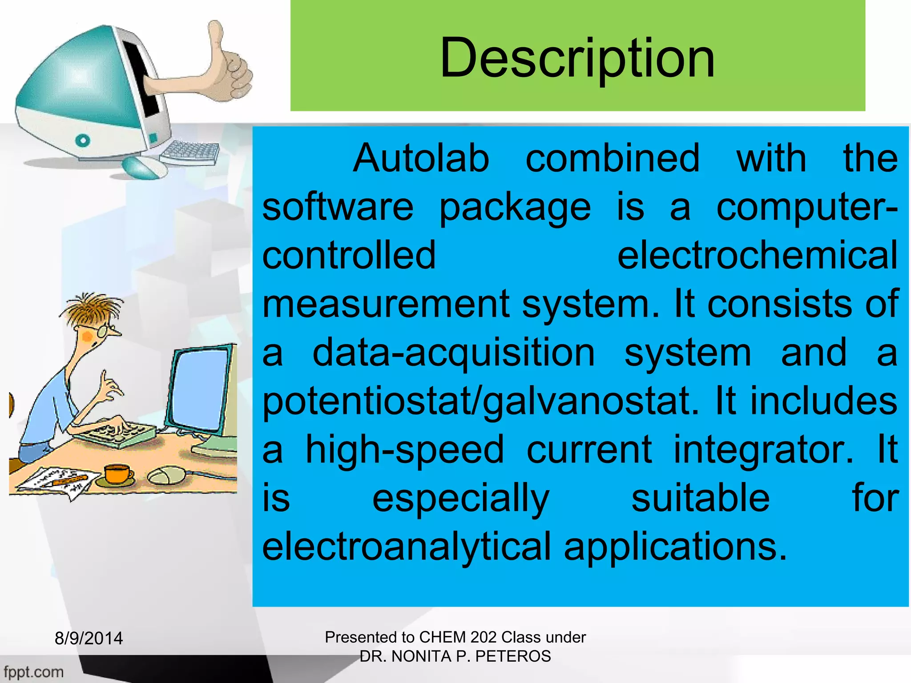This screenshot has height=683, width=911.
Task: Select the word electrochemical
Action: pos(757,255)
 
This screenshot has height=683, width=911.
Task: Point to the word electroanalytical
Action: pos(407,546)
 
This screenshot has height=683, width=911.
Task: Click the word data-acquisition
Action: pos(453,353)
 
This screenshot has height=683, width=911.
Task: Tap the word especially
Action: pos(460,498)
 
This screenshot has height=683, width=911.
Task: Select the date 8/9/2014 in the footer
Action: pos(89,639)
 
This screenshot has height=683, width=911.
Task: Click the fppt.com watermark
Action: pos(33,671)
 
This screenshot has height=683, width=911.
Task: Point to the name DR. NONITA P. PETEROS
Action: pos(455,656)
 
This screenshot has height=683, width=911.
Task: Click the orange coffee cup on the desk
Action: pos(117,474)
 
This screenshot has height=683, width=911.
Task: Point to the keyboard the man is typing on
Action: pos(117,434)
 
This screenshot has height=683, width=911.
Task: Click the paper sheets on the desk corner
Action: pos(58,482)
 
